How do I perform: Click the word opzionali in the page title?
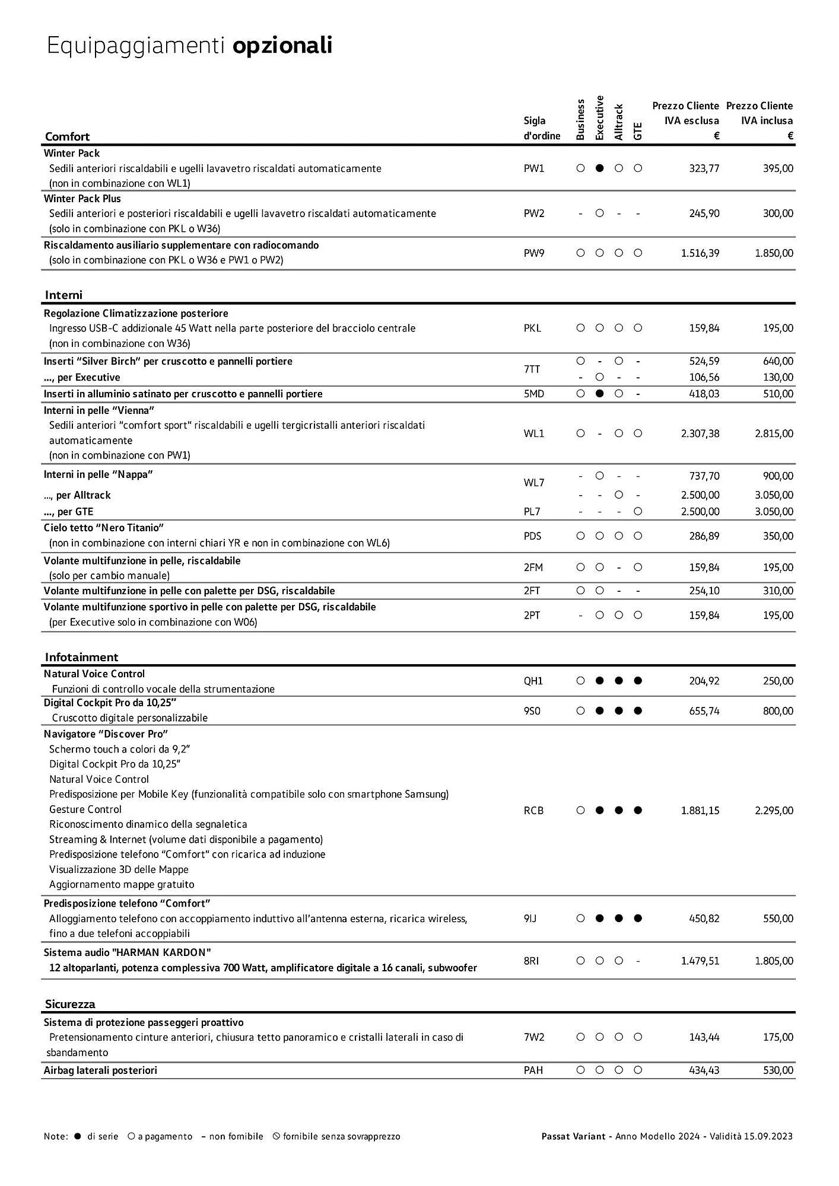[282, 46]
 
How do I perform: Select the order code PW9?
[533, 253]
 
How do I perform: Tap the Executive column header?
[599, 117]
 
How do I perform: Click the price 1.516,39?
[700, 253]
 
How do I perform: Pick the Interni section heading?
[63, 295]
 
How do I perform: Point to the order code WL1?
[533, 433]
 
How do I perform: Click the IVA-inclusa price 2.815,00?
[774, 433]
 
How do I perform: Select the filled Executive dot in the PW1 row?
[599, 168]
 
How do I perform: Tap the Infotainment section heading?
[81, 657]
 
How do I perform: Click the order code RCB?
[533, 811]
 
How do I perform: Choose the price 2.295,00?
[774, 811]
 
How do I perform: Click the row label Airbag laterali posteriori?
[100, 1070]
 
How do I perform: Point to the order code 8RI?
[531, 961]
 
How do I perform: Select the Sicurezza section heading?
[70, 1004]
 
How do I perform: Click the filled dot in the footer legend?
[78, 1137]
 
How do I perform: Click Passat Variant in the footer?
[573, 1137]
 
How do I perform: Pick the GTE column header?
[638, 131]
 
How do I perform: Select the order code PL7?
[532, 512]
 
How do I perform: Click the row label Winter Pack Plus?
[82, 199]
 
